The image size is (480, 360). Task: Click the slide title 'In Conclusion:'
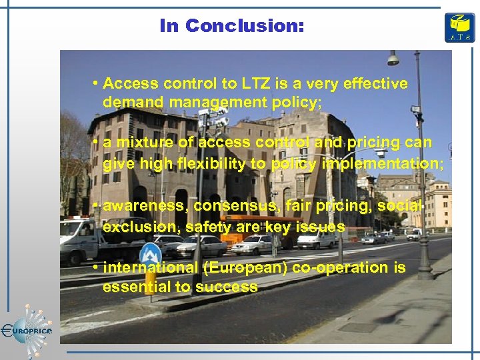pyautogui.click(x=231, y=26)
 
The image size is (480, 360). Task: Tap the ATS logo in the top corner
pyautogui.click(x=460, y=27)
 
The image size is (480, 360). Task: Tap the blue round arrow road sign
pyautogui.click(x=151, y=255)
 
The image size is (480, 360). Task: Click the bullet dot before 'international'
pyautogui.click(x=97, y=267)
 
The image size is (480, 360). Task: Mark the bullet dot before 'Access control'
pyautogui.click(x=97, y=83)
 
